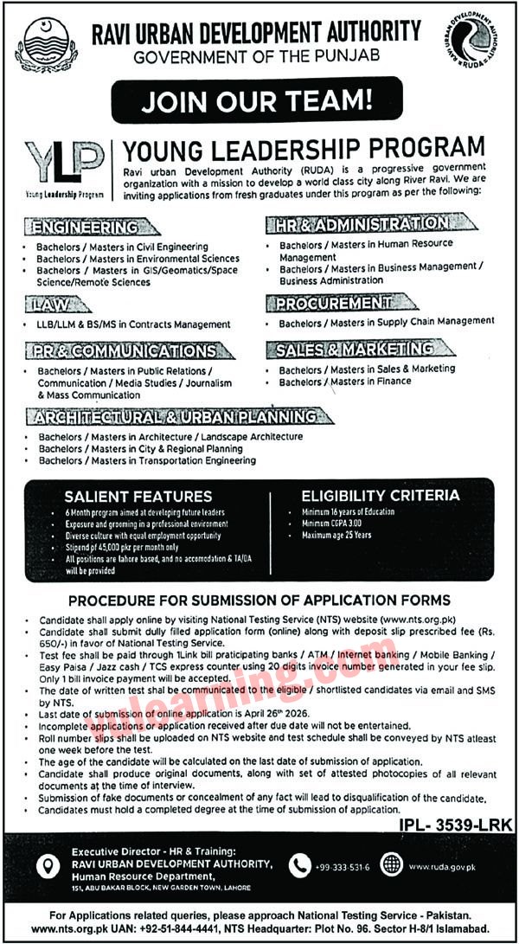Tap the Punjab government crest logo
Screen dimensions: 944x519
click(x=46, y=43)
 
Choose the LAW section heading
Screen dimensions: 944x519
click(x=58, y=305)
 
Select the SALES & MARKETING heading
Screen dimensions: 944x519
click(x=355, y=350)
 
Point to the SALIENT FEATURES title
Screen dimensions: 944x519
click(x=138, y=497)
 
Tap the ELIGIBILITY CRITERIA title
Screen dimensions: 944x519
click(x=380, y=496)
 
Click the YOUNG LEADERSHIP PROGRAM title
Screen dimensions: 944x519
click(x=304, y=147)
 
